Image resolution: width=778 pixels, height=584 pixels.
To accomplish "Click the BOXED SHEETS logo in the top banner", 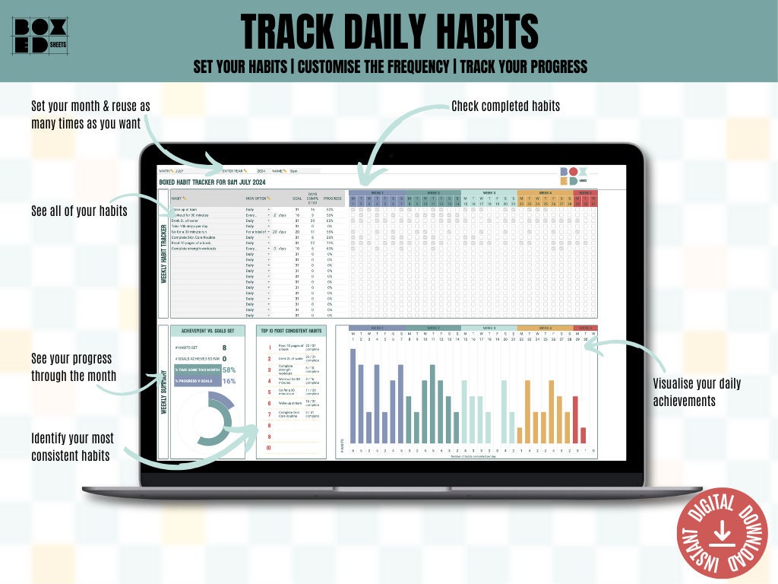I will click(40, 36).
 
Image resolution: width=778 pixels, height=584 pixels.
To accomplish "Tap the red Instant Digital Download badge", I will click(723, 533).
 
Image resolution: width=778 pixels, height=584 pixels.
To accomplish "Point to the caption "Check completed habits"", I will click(505, 106).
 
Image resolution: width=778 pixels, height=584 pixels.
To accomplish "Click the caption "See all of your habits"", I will click(79, 211).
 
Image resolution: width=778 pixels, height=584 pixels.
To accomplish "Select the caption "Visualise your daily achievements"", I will click(697, 392).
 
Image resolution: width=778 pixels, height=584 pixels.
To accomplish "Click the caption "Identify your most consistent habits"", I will click(72, 447).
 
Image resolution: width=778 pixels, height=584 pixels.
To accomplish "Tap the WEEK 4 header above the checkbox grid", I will click(546, 193).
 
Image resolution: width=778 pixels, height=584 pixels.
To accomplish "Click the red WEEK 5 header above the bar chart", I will click(585, 328).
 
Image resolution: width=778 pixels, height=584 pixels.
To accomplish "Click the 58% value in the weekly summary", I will click(229, 370).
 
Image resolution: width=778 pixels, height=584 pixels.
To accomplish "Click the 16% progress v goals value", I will click(229, 381).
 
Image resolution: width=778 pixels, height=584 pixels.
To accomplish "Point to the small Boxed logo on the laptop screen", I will click(573, 176).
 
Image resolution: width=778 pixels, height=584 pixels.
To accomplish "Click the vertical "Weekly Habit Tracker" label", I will click(163, 254).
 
